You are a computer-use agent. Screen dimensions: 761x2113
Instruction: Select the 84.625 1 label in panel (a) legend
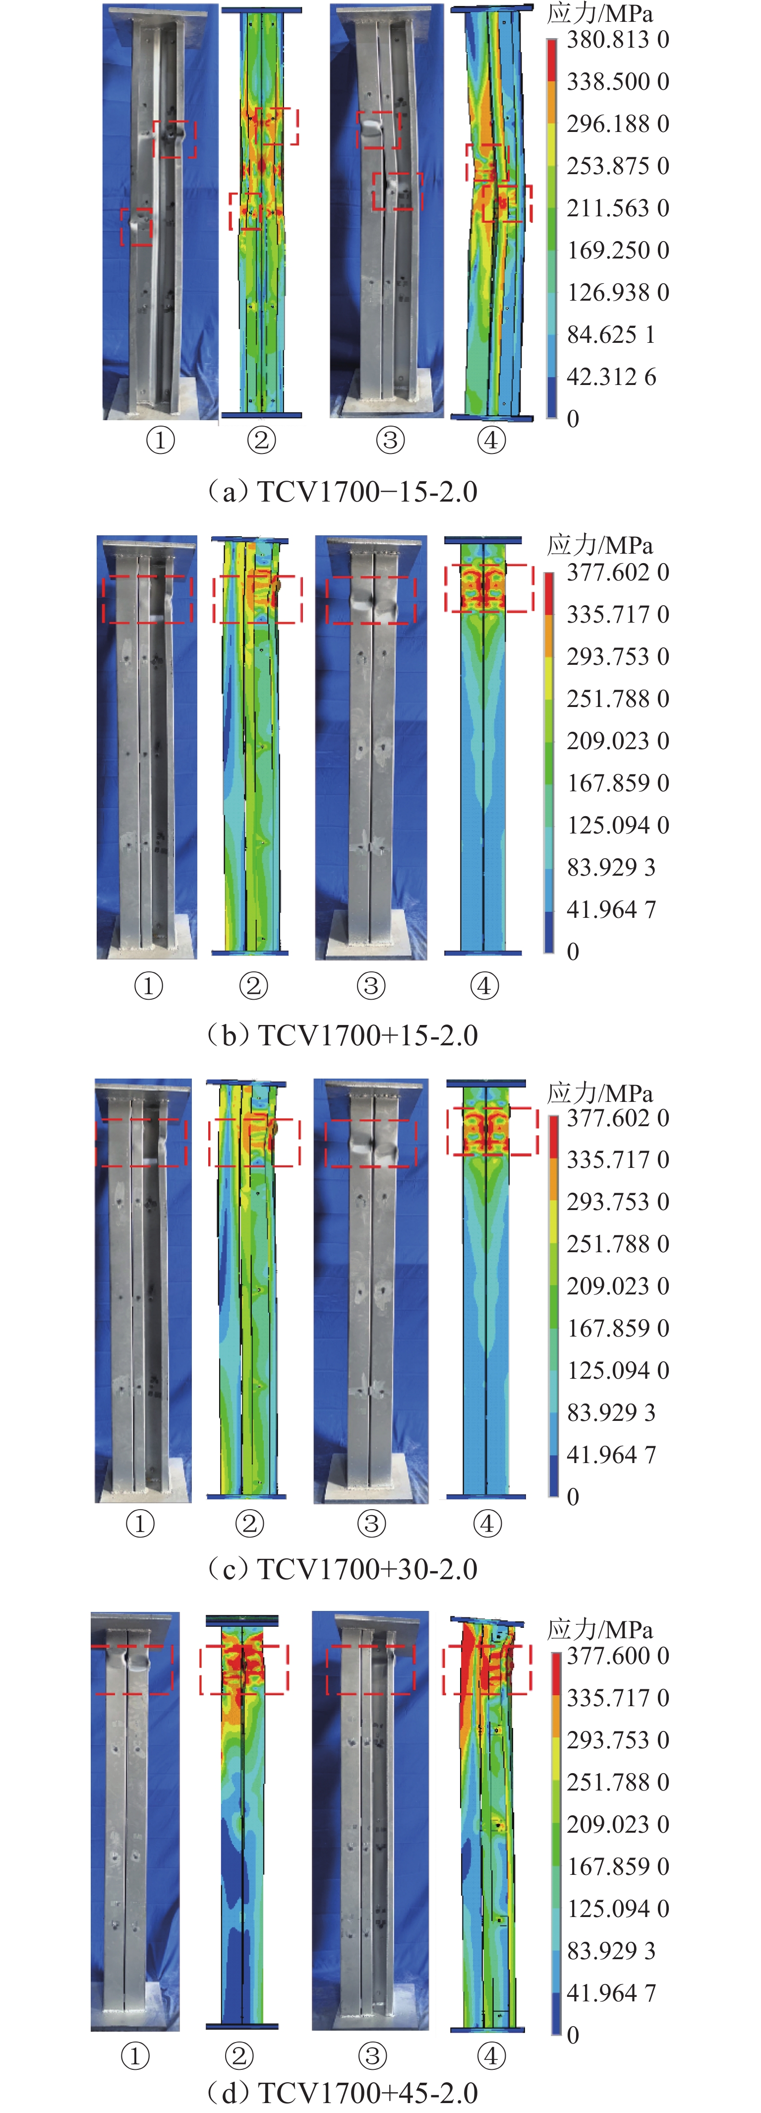(x=611, y=335)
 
